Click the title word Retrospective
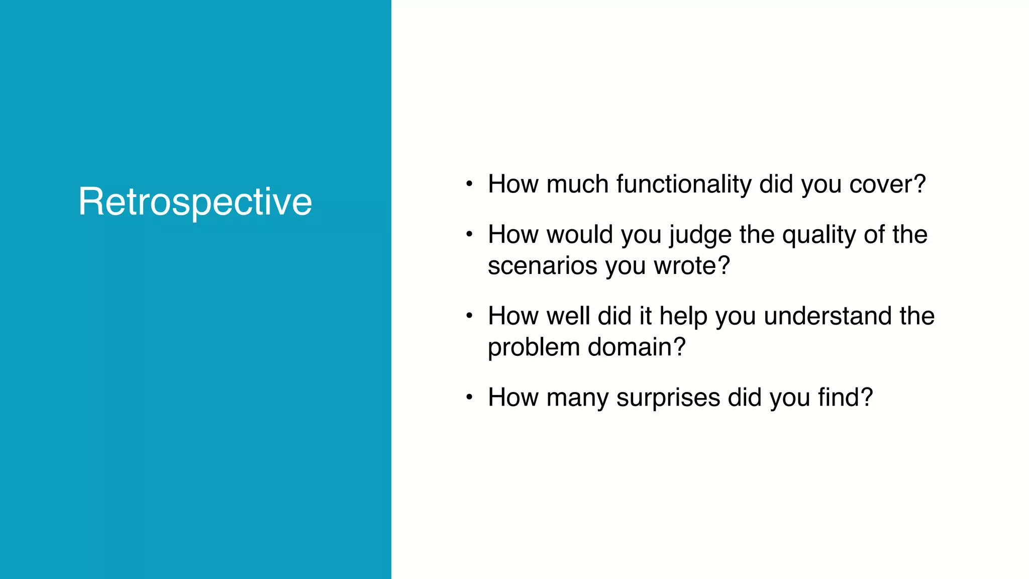195,202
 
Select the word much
577,184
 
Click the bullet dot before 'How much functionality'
469,184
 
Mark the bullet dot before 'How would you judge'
469,235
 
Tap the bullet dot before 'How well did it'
469,316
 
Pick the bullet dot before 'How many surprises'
469,398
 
